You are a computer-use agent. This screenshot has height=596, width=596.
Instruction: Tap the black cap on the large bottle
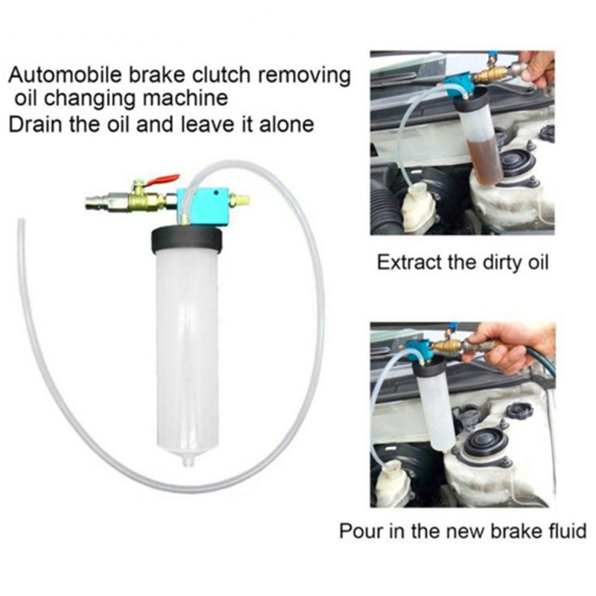[186, 239]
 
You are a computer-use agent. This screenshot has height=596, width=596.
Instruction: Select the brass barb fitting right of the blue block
[239, 199]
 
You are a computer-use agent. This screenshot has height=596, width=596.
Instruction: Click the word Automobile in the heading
[65, 75]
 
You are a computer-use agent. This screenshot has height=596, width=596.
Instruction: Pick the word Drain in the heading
[35, 124]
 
